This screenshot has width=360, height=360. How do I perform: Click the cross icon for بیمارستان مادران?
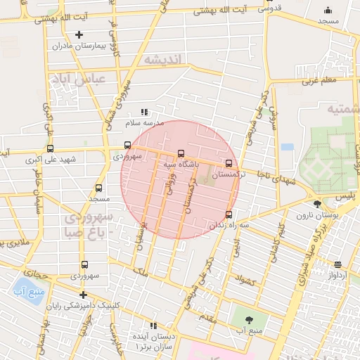pyautogui.click(x=78, y=34)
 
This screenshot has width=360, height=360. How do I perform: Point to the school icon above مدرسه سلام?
pyautogui.click(x=144, y=112)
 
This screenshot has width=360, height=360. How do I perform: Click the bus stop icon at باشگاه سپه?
pyautogui.click(x=181, y=153)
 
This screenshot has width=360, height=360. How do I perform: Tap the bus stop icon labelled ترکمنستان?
pyautogui.click(x=228, y=163)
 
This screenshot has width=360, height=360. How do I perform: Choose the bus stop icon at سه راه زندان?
pyautogui.click(x=229, y=214)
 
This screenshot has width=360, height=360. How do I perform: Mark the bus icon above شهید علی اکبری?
pyautogui.click(x=49, y=148)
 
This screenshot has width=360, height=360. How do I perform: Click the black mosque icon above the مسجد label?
pyautogui.click(x=327, y=10)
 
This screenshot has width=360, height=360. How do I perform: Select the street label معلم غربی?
pyautogui.click(x=321, y=80)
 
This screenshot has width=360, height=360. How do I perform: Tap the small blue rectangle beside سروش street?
pyautogui.click(x=287, y=147)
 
